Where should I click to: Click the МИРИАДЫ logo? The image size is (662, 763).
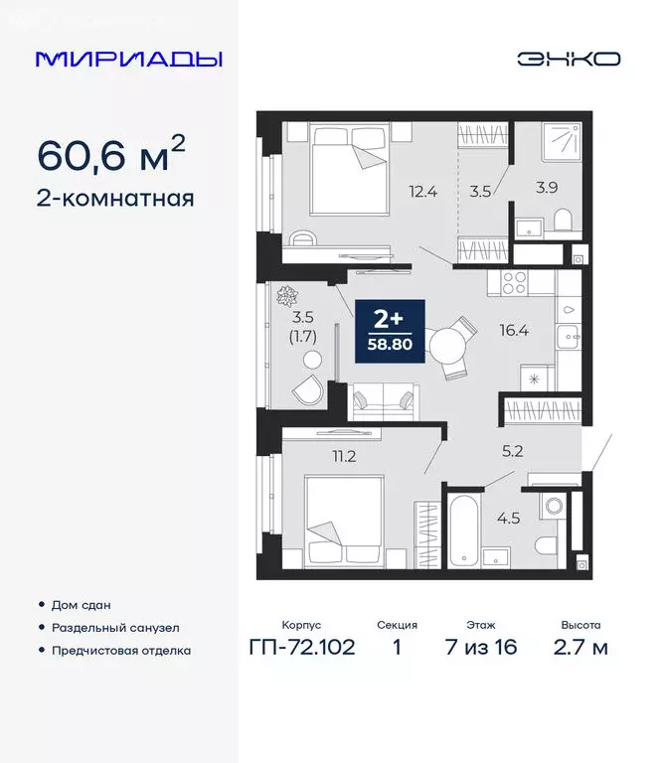128,59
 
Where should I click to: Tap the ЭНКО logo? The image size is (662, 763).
568,59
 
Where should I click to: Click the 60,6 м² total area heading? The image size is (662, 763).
110,155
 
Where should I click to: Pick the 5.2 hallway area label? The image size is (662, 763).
512,450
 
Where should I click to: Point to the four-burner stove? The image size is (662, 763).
513,282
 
